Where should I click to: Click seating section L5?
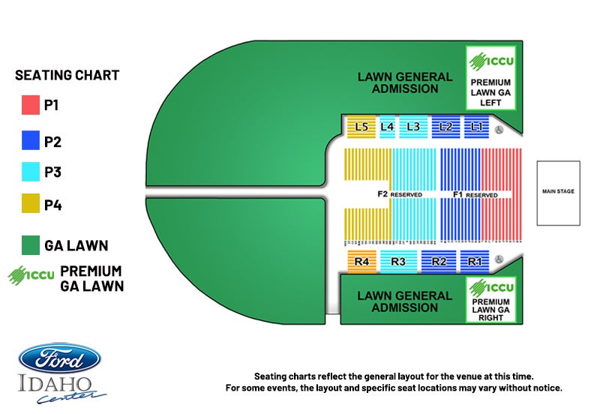click(x=361, y=127)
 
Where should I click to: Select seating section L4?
click(x=387, y=127)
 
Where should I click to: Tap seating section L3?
click(x=413, y=127)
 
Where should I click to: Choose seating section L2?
click(x=445, y=127)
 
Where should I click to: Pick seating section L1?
click(x=476, y=127)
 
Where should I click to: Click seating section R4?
click(x=362, y=261)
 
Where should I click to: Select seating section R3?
click(x=398, y=261)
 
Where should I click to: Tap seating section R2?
click(x=439, y=261)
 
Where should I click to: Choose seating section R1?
click(x=474, y=261)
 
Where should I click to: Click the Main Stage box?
click(x=558, y=193)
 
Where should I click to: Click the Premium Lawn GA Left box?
click(x=490, y=79)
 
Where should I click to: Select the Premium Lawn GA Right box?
click(x=490, y=299)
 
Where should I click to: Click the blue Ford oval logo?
click(x=60, y=358)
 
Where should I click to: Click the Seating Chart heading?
click(x=67, y=75)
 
